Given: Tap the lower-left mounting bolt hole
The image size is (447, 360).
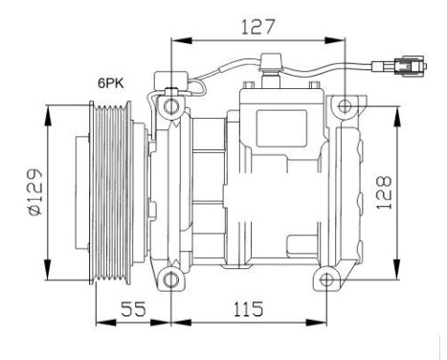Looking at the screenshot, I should pyautogui.click(x=171, y=280).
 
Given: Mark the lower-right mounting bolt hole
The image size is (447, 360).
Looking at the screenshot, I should pyautogui.click(x=326, y=281).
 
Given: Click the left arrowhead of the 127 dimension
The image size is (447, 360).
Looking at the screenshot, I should pyautogui.click(x=175, y=40).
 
